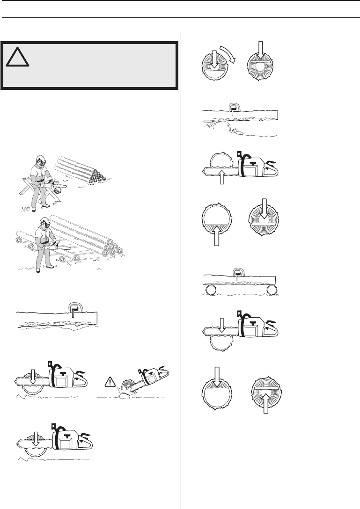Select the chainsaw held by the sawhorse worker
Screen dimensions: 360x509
coord(55,189)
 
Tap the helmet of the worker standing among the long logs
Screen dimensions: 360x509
coord(45,222)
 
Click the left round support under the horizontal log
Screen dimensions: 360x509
coord(210,290)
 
